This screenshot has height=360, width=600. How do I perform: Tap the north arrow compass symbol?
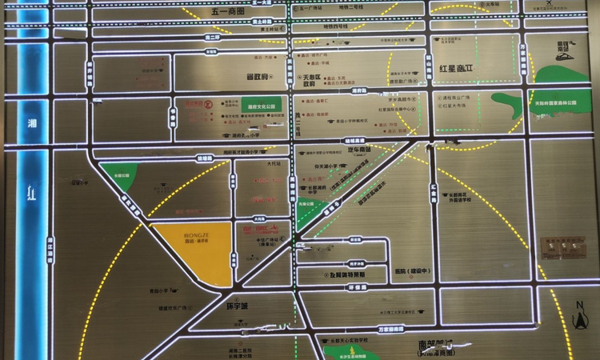tap(580, 314)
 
